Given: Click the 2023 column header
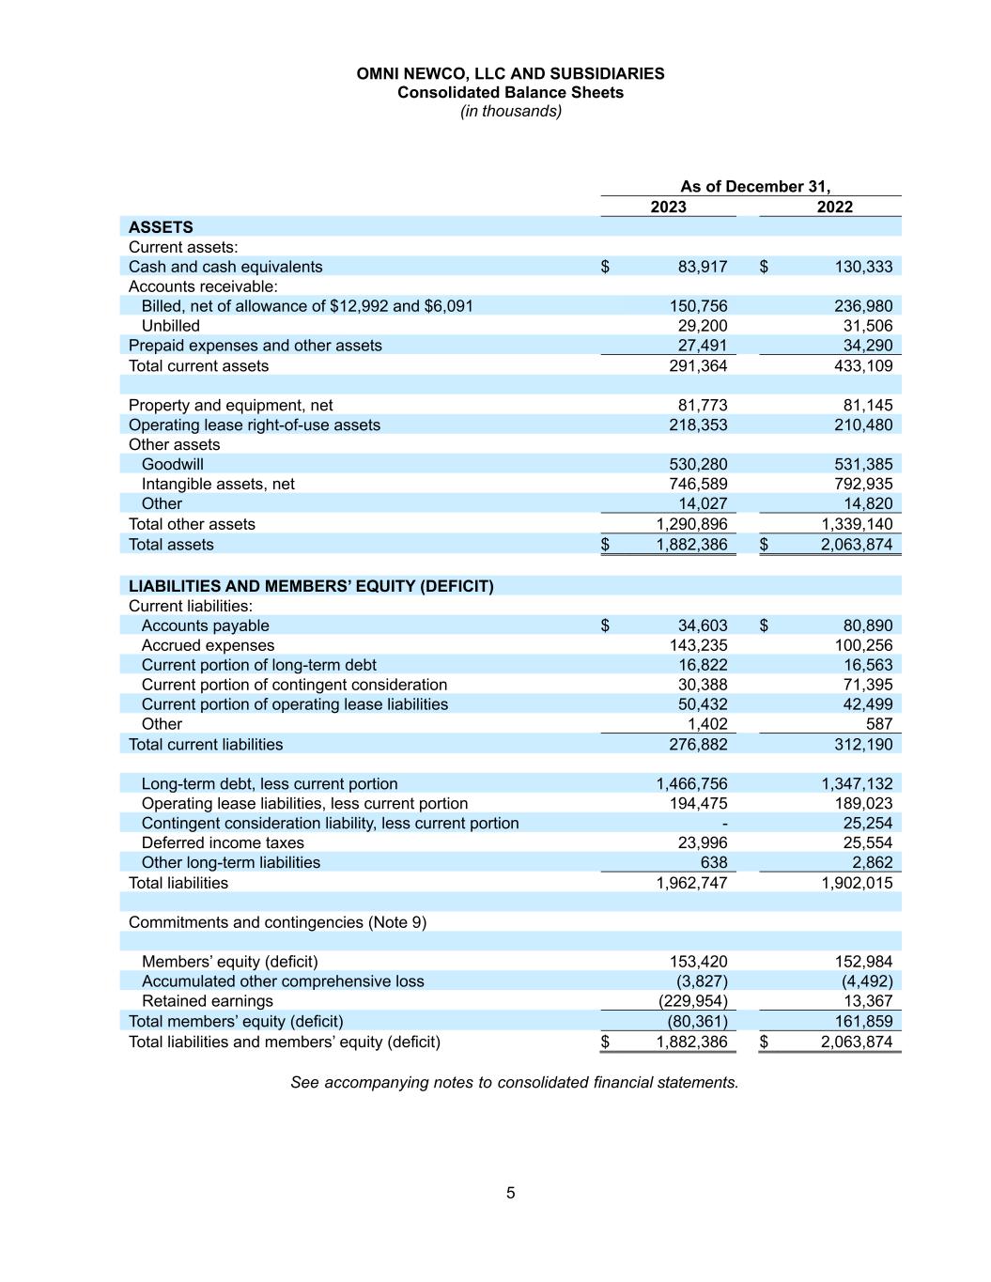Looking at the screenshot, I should point(668,207).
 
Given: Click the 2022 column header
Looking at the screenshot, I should point(834,207).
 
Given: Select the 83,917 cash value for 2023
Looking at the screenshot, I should point(702,267).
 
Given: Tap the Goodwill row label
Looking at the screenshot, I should point(172,464).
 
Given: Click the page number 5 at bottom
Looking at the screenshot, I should point(510,1193).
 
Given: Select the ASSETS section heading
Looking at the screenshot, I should point(161,227).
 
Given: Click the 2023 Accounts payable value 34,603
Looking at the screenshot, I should point(702,626).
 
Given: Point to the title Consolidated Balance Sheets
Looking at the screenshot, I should point(510,92).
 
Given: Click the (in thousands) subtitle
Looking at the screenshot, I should point(510,111).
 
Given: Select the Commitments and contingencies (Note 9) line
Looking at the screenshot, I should point(277,922).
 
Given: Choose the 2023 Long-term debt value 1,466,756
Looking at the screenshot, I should point(691,783).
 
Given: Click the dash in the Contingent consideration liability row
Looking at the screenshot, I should point(723,823).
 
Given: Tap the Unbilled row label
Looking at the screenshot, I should point(170,326).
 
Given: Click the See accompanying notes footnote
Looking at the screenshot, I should point(514,1082).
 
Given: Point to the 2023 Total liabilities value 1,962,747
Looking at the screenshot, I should point(691,883).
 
